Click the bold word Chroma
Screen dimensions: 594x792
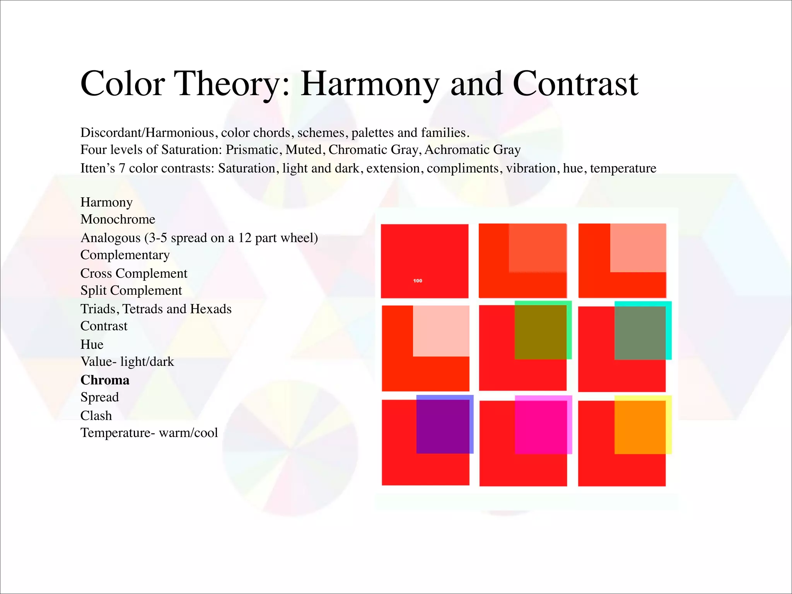click(105, 380)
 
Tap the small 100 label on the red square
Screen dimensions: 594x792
click(418, 281)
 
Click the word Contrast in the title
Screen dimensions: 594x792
click(575, 84)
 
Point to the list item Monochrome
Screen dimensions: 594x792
click(118, 219)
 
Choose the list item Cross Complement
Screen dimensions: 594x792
click(134, 273)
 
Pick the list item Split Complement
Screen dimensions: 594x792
click(131, 290)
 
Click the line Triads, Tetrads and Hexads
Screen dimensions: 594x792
click(156, 309)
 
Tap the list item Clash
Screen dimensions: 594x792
click(96, 416)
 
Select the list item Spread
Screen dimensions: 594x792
click(100, 397)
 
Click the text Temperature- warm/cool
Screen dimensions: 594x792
click(149, 433)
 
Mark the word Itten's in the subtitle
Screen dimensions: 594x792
click(97, 168)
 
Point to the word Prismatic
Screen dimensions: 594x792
click(252, 150)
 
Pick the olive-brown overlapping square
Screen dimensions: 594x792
click(541, 332)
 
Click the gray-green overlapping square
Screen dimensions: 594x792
click(640, 333)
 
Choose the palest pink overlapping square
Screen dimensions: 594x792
click(441, 331)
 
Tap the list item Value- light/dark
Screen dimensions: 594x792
click(127, 362)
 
